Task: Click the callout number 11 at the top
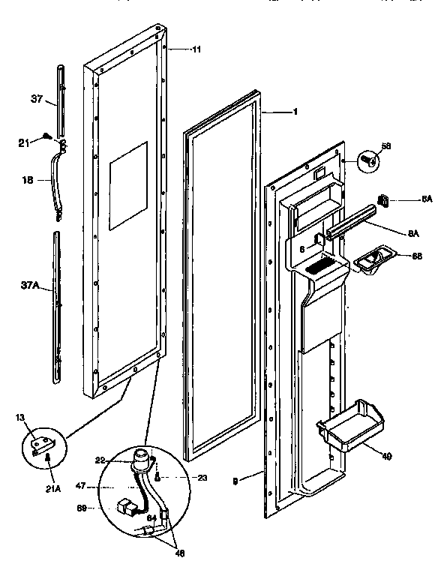click(x=196, y=49)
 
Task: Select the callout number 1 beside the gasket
click(x=295, y=112)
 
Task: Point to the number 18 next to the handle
click(x=28, y=179)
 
